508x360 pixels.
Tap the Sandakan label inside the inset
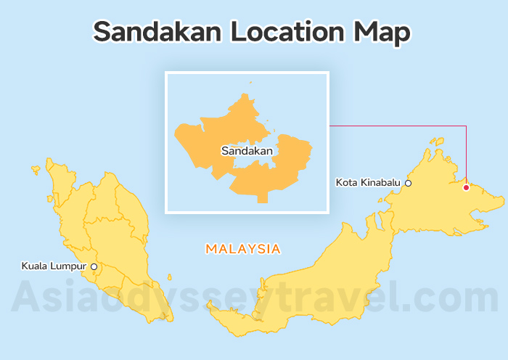(x=247, y=151)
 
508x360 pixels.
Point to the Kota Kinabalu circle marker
(x=408, y=183)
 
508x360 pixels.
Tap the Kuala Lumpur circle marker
(x=94, y=266)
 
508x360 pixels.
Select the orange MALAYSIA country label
(x=243, y=249)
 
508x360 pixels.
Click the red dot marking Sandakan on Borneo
(x=466, y=187)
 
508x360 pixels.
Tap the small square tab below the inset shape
(x=262, y=197)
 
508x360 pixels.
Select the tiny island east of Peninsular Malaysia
(x=170, y=277)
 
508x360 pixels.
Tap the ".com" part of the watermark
(x=450, y=300)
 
